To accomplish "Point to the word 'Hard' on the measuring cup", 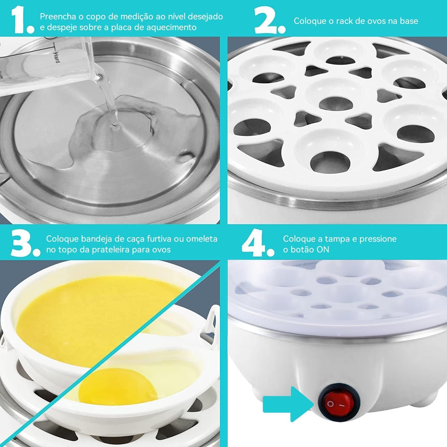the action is pos(56,57).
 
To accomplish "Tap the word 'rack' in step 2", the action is pos(346,21).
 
